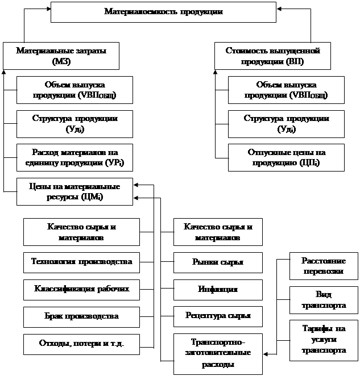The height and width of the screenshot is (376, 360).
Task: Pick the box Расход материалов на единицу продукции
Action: click(75, 157)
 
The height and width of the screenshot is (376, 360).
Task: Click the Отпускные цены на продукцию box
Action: click(287, 157)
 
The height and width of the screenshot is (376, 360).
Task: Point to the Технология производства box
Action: click(81, 262)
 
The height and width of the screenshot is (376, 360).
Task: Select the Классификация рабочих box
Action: click(81, 289)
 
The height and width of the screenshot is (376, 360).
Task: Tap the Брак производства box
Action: click(81, 316)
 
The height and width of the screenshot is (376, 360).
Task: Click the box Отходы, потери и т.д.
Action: click(81, 343)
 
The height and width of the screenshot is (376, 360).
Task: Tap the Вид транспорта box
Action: click(322, 300)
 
